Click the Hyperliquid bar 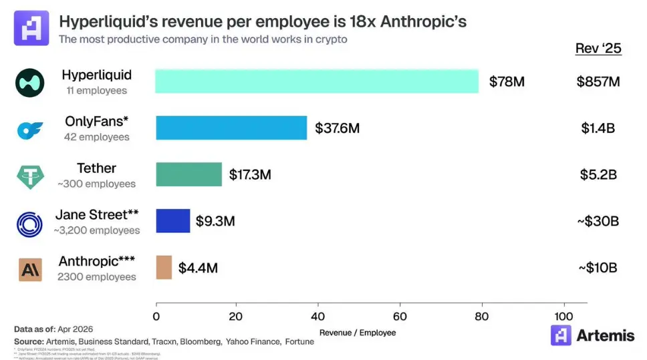tap(317, 81)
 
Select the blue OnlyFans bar tap(231, 128)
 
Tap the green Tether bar tap(189, 174)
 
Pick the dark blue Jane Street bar tap(173, 221)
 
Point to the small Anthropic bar tap(164, 267)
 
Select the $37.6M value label tap(337, 128)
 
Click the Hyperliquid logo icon tap(29, 82)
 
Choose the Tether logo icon tap(29, 176)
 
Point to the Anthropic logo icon tap(29, 269)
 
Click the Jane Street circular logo tap(29, 223)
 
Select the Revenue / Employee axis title tap(358, 333)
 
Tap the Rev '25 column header tap(598, 49)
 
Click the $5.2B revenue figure tap(598, 175)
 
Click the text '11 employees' tap(96, 90)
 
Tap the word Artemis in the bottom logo tap(605, 335)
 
